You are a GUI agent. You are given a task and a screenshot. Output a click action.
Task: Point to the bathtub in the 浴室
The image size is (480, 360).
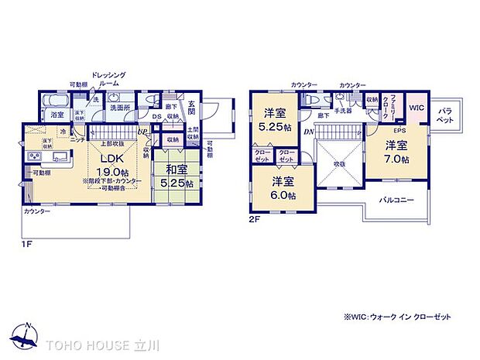[54, 101]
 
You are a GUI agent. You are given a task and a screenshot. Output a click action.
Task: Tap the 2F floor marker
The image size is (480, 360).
[255, 219]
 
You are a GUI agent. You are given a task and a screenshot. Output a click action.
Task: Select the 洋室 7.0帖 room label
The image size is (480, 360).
[397, 151]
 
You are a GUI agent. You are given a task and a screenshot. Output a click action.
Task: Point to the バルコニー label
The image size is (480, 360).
[396, 200]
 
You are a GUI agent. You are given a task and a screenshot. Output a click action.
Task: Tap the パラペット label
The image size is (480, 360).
[447, 116]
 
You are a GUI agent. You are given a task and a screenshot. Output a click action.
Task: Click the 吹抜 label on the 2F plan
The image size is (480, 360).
[338, 163]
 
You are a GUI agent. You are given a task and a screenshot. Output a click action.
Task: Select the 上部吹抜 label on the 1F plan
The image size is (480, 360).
[113, 144]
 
